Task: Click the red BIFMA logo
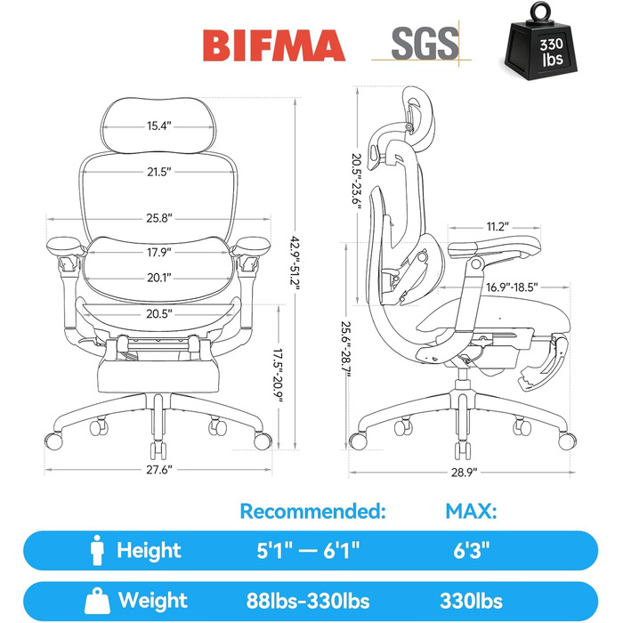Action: click(274, 45)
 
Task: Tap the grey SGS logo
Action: click(424, 43)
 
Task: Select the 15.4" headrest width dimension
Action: click(159, 126)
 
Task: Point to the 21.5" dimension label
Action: click(159, 172)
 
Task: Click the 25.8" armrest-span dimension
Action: click(159, 218)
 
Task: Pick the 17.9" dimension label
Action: click(159, 252)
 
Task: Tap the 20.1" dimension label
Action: click(159, 278)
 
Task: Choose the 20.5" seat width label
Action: click(159, 314)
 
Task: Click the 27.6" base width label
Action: click(159, 470)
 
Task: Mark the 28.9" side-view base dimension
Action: click(464, 473)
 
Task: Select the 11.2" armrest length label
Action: click(498, 226)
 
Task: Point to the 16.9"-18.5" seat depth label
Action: click(512, 287)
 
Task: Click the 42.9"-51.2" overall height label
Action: click(295, 260)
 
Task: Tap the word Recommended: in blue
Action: click(313, 511)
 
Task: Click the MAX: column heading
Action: click(471, 511)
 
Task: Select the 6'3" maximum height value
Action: click(472, 551)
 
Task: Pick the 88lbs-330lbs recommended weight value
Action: click(308, 601)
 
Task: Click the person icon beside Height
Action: click(97, 550)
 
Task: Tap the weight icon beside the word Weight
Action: click(97, 601)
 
